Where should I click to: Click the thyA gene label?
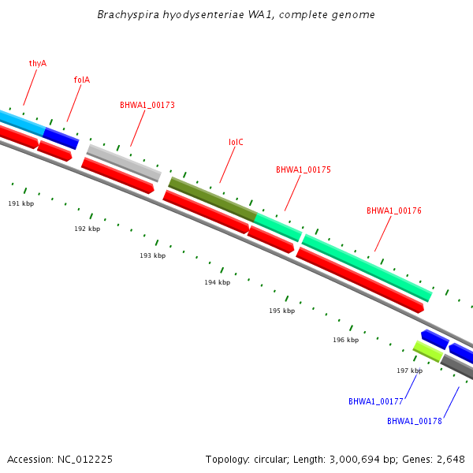click(x=38, y=63)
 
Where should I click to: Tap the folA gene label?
click(x=82, y=80)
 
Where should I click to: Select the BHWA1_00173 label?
click(x=147, y=105)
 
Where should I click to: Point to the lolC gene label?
click(x=236, y=143)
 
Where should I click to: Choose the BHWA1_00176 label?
click(x=394, y=210)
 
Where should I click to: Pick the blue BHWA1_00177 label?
click(x=376, y=401)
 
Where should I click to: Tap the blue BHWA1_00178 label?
click(x=414, y=421)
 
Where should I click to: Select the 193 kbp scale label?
click(x=153, y=255)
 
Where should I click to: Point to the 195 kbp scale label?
click(x=281, y=311)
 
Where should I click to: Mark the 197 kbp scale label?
click(x=410, y=371)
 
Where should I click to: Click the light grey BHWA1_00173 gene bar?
click(x=124, y=162)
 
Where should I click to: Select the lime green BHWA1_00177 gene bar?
click(x=427, y=351)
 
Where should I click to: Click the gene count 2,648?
click(x=449, y=459)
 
